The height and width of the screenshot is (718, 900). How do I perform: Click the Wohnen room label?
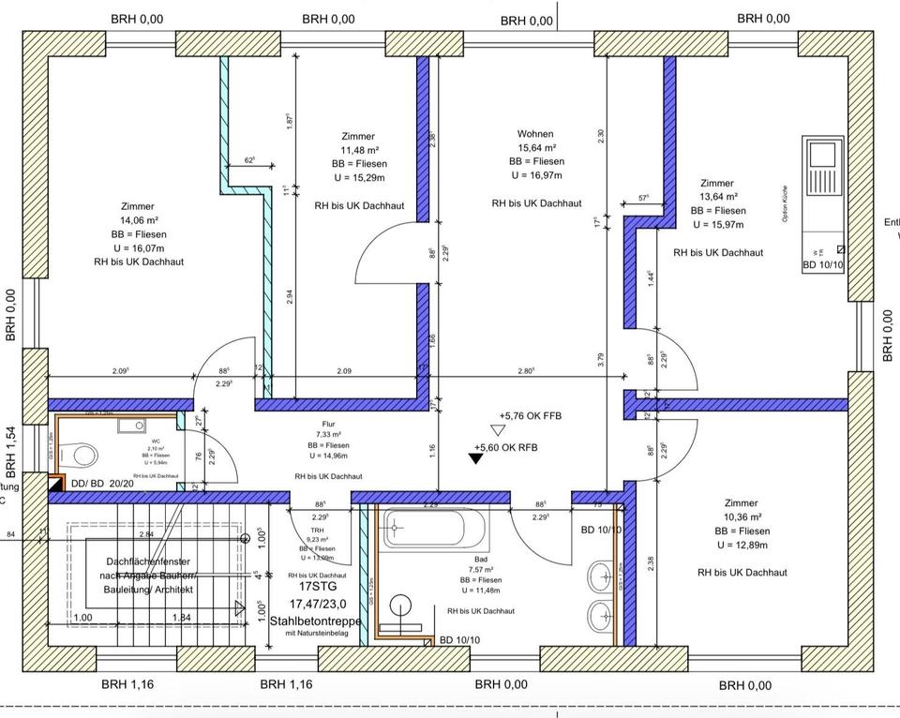coord(535,134)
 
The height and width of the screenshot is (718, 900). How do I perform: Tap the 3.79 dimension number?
coord(600,358)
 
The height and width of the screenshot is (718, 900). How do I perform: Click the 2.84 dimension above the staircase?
coord(146,534)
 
